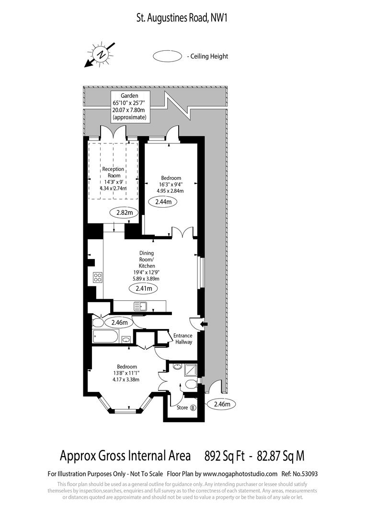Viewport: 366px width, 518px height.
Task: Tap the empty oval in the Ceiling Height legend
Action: (x=167, y=56)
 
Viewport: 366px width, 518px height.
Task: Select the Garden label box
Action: (x=130, y=106)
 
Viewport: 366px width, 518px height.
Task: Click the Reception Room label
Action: (x=113, y=172)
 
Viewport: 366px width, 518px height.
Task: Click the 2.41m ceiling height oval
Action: (x=144, y=288)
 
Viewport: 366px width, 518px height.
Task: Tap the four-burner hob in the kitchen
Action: (x=98, y=277)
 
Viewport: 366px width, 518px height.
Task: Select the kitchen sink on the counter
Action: (x=140, y=306)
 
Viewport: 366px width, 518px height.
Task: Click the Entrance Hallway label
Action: (x=183, y=339)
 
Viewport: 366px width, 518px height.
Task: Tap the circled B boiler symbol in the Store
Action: (x=193, y=408)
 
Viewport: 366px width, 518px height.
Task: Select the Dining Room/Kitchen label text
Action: (x=147, y=259)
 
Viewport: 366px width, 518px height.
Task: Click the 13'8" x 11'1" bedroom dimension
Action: (x=126, y=373)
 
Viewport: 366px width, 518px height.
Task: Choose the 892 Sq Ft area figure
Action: (x=225, y=455)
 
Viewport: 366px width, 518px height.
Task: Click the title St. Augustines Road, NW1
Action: (x=183, y=19)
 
